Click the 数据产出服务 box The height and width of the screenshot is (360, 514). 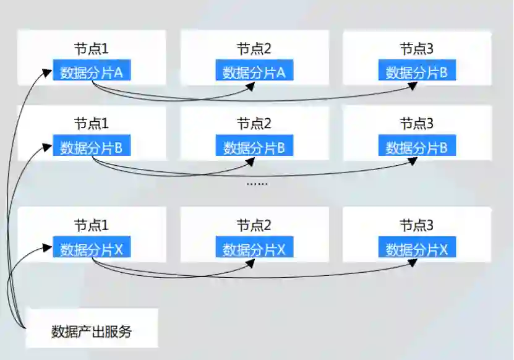[91, 331]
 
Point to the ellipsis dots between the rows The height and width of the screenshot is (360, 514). [257, 183]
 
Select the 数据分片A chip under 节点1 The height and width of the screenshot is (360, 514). [92, 72]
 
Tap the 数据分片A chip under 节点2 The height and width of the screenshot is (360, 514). [254, 72]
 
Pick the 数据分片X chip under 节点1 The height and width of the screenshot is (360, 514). [92, 249]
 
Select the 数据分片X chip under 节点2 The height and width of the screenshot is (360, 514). [254, 249]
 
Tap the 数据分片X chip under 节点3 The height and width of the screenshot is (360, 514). [417, 249]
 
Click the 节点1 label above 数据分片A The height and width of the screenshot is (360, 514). [92, 48]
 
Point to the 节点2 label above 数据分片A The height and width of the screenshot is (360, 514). [254, 48]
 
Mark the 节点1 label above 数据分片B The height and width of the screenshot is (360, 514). [92, 124]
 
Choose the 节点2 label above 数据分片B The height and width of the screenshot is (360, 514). [254, 124]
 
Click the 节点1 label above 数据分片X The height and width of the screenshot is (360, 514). [92, 225]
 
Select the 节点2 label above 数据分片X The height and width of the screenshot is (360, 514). [254, 225]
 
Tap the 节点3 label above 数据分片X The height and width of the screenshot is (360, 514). [417, 225]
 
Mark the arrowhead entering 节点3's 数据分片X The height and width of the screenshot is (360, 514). [414, 262]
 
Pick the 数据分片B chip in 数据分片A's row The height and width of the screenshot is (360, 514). [417, 72]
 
